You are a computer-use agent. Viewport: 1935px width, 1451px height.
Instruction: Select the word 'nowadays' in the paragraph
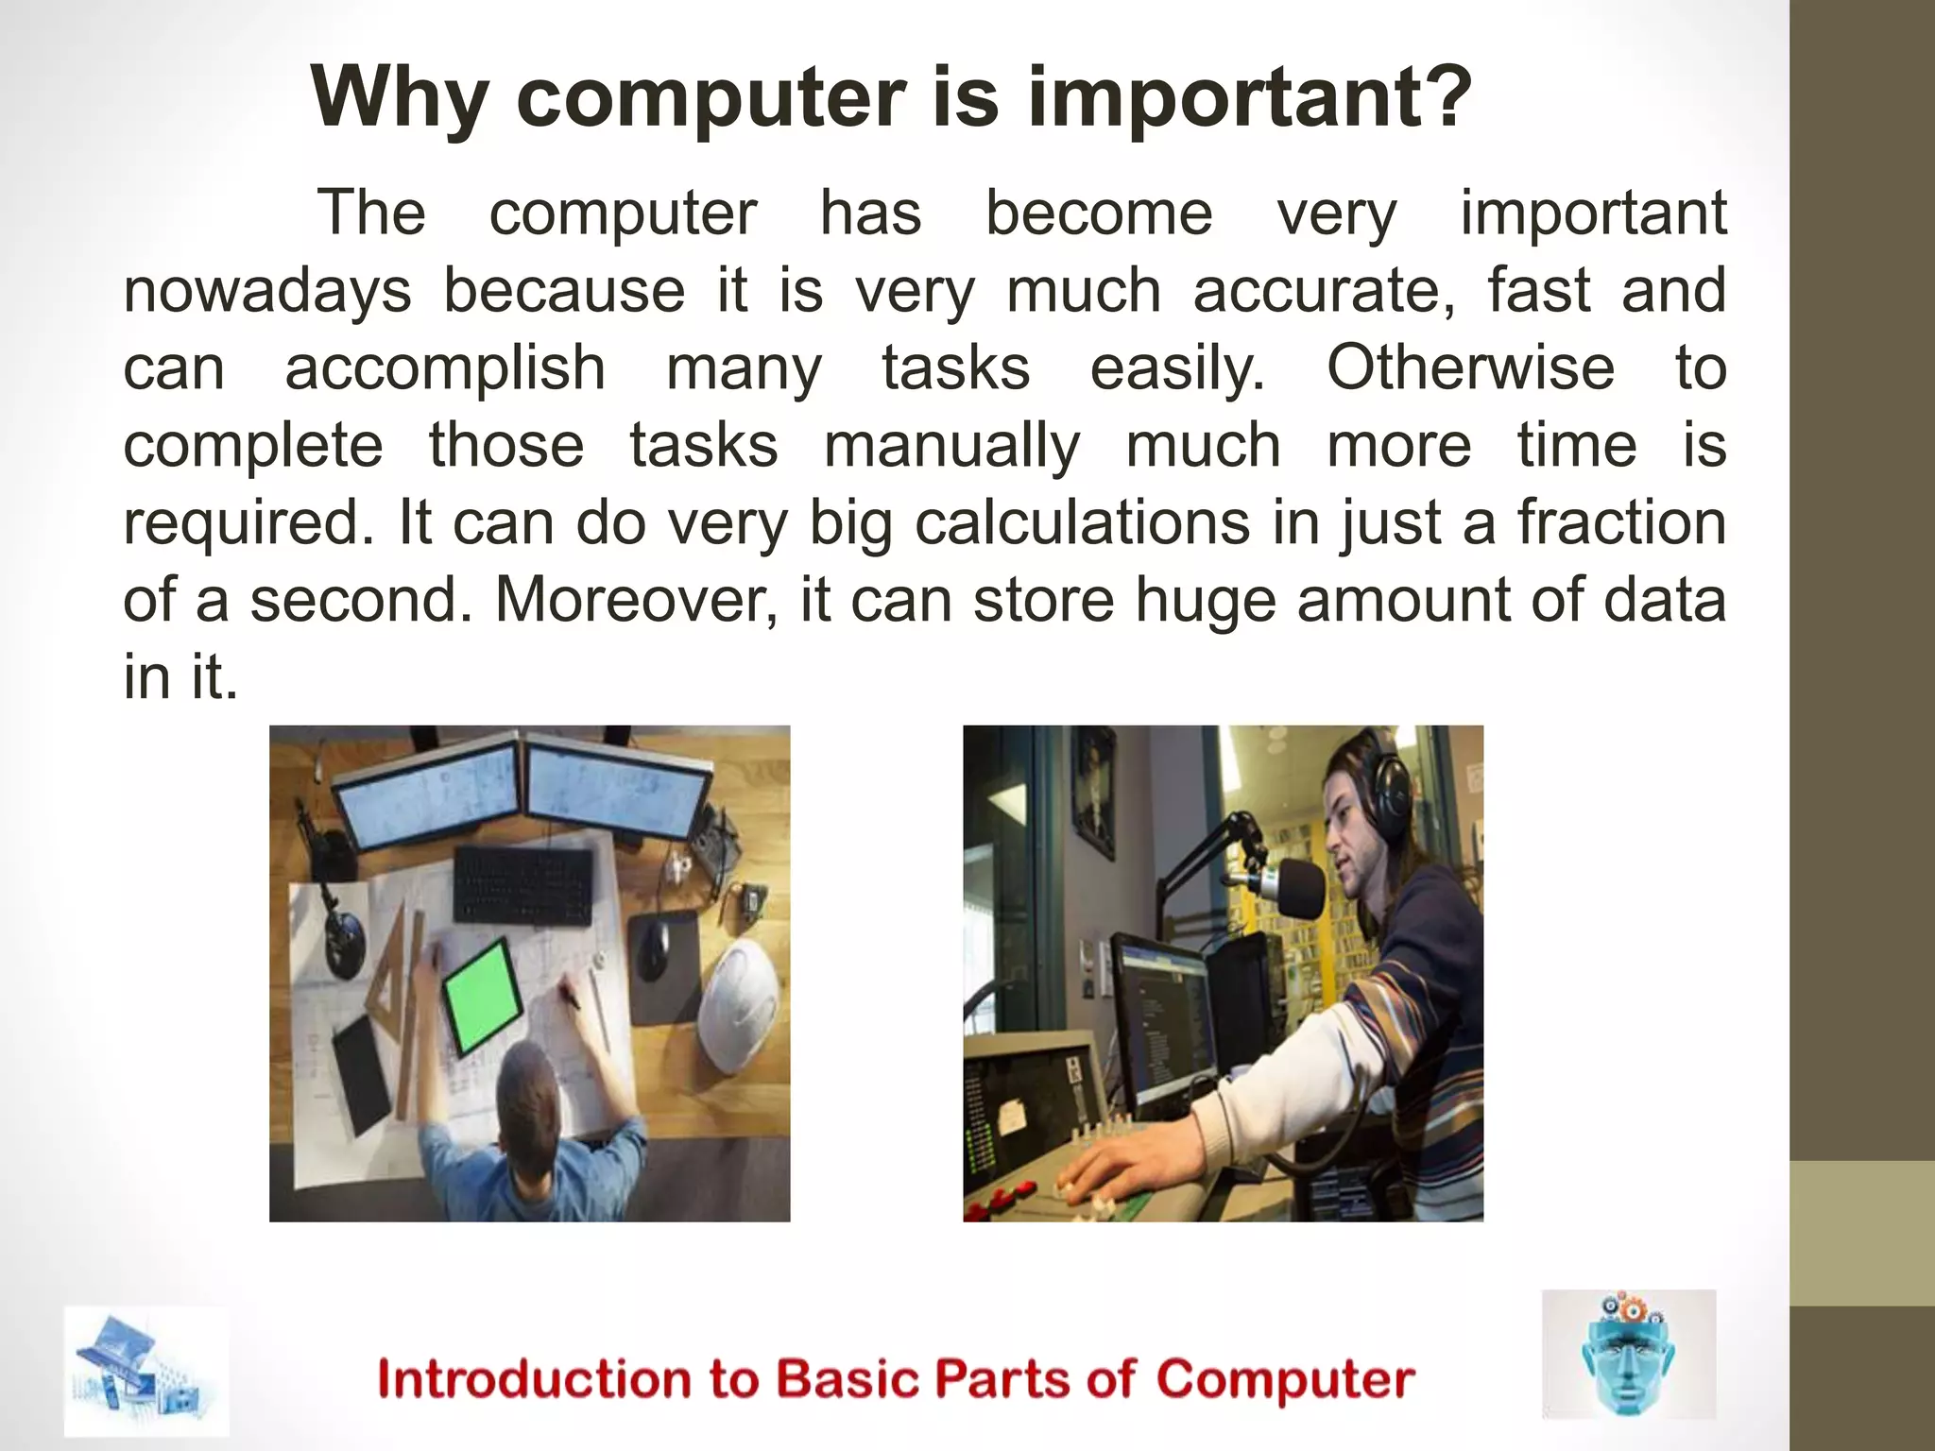pos(267,290)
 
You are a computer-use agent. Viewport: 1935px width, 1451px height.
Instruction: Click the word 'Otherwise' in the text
pos(1470,367)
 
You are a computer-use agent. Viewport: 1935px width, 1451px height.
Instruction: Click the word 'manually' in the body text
pos(951,445)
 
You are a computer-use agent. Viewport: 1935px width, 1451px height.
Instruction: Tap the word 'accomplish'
pos(445,367)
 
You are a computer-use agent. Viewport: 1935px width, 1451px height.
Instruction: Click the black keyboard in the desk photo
pos(524,886)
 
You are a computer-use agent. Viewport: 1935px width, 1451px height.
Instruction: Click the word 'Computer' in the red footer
pos(1285,1380)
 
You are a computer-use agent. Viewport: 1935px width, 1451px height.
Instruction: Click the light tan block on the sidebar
pos(1861,1234)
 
